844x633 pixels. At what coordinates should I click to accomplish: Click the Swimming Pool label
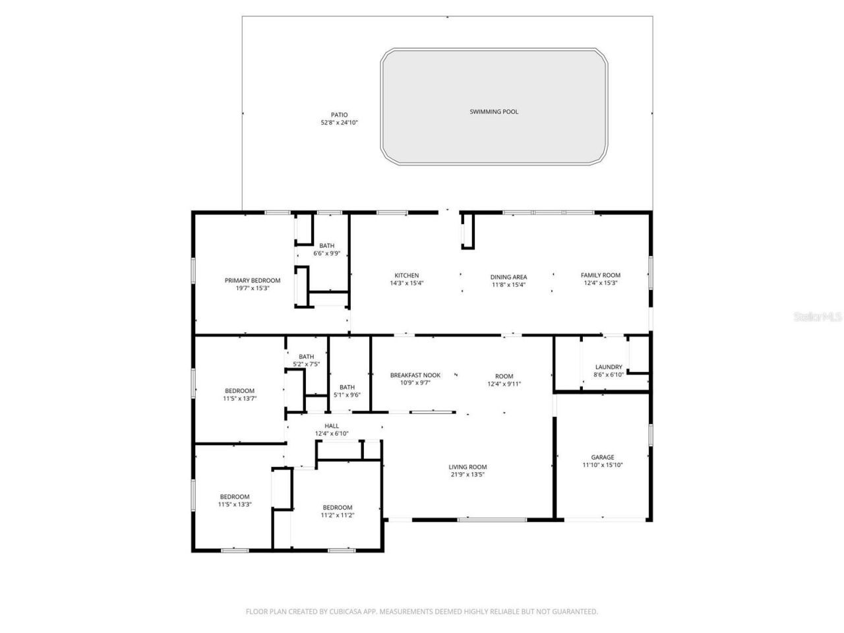coord(494,111)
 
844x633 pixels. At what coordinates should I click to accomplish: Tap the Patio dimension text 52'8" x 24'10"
coord(339,123)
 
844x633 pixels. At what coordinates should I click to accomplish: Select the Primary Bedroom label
coord(253,280)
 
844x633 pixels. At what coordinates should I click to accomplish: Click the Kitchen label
coord(407,276)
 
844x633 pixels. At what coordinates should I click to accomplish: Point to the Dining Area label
coord(508,277)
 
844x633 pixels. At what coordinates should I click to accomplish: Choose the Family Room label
coord(600,275)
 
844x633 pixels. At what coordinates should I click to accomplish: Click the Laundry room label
coord(608,367)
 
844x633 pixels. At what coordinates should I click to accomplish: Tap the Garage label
coord(602,457)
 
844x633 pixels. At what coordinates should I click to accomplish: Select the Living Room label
coord(468,467)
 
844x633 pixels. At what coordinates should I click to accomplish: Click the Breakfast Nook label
coord(415,375)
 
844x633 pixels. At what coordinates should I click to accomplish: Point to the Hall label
coord(331,426)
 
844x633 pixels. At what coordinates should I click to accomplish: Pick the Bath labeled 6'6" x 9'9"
coord(326,246)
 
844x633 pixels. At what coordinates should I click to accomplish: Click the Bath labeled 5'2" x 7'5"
coord(306,357)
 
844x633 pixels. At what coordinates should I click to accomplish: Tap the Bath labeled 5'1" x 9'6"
coord(347,387)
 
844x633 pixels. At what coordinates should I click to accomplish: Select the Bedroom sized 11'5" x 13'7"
coord(239,391)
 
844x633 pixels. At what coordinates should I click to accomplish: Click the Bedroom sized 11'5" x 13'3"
coord(235,497)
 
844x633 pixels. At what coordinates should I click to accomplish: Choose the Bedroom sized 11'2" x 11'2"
coord(338,507)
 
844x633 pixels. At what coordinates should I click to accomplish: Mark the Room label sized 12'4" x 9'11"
coord(504,377)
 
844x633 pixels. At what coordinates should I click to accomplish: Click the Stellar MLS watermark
coord(818,317)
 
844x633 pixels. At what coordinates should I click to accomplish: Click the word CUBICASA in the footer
coord(342,612)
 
